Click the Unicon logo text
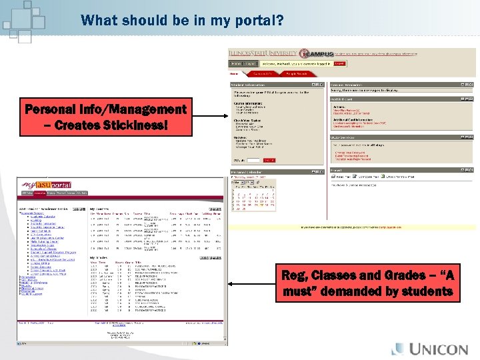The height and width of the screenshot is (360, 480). pos(438,349)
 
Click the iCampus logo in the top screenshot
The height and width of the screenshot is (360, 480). pos(315,53)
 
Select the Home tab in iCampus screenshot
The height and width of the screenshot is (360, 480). pos(234,73)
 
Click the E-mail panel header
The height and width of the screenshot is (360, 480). pos(337,170)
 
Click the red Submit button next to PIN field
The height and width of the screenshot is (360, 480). pos(269,160)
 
